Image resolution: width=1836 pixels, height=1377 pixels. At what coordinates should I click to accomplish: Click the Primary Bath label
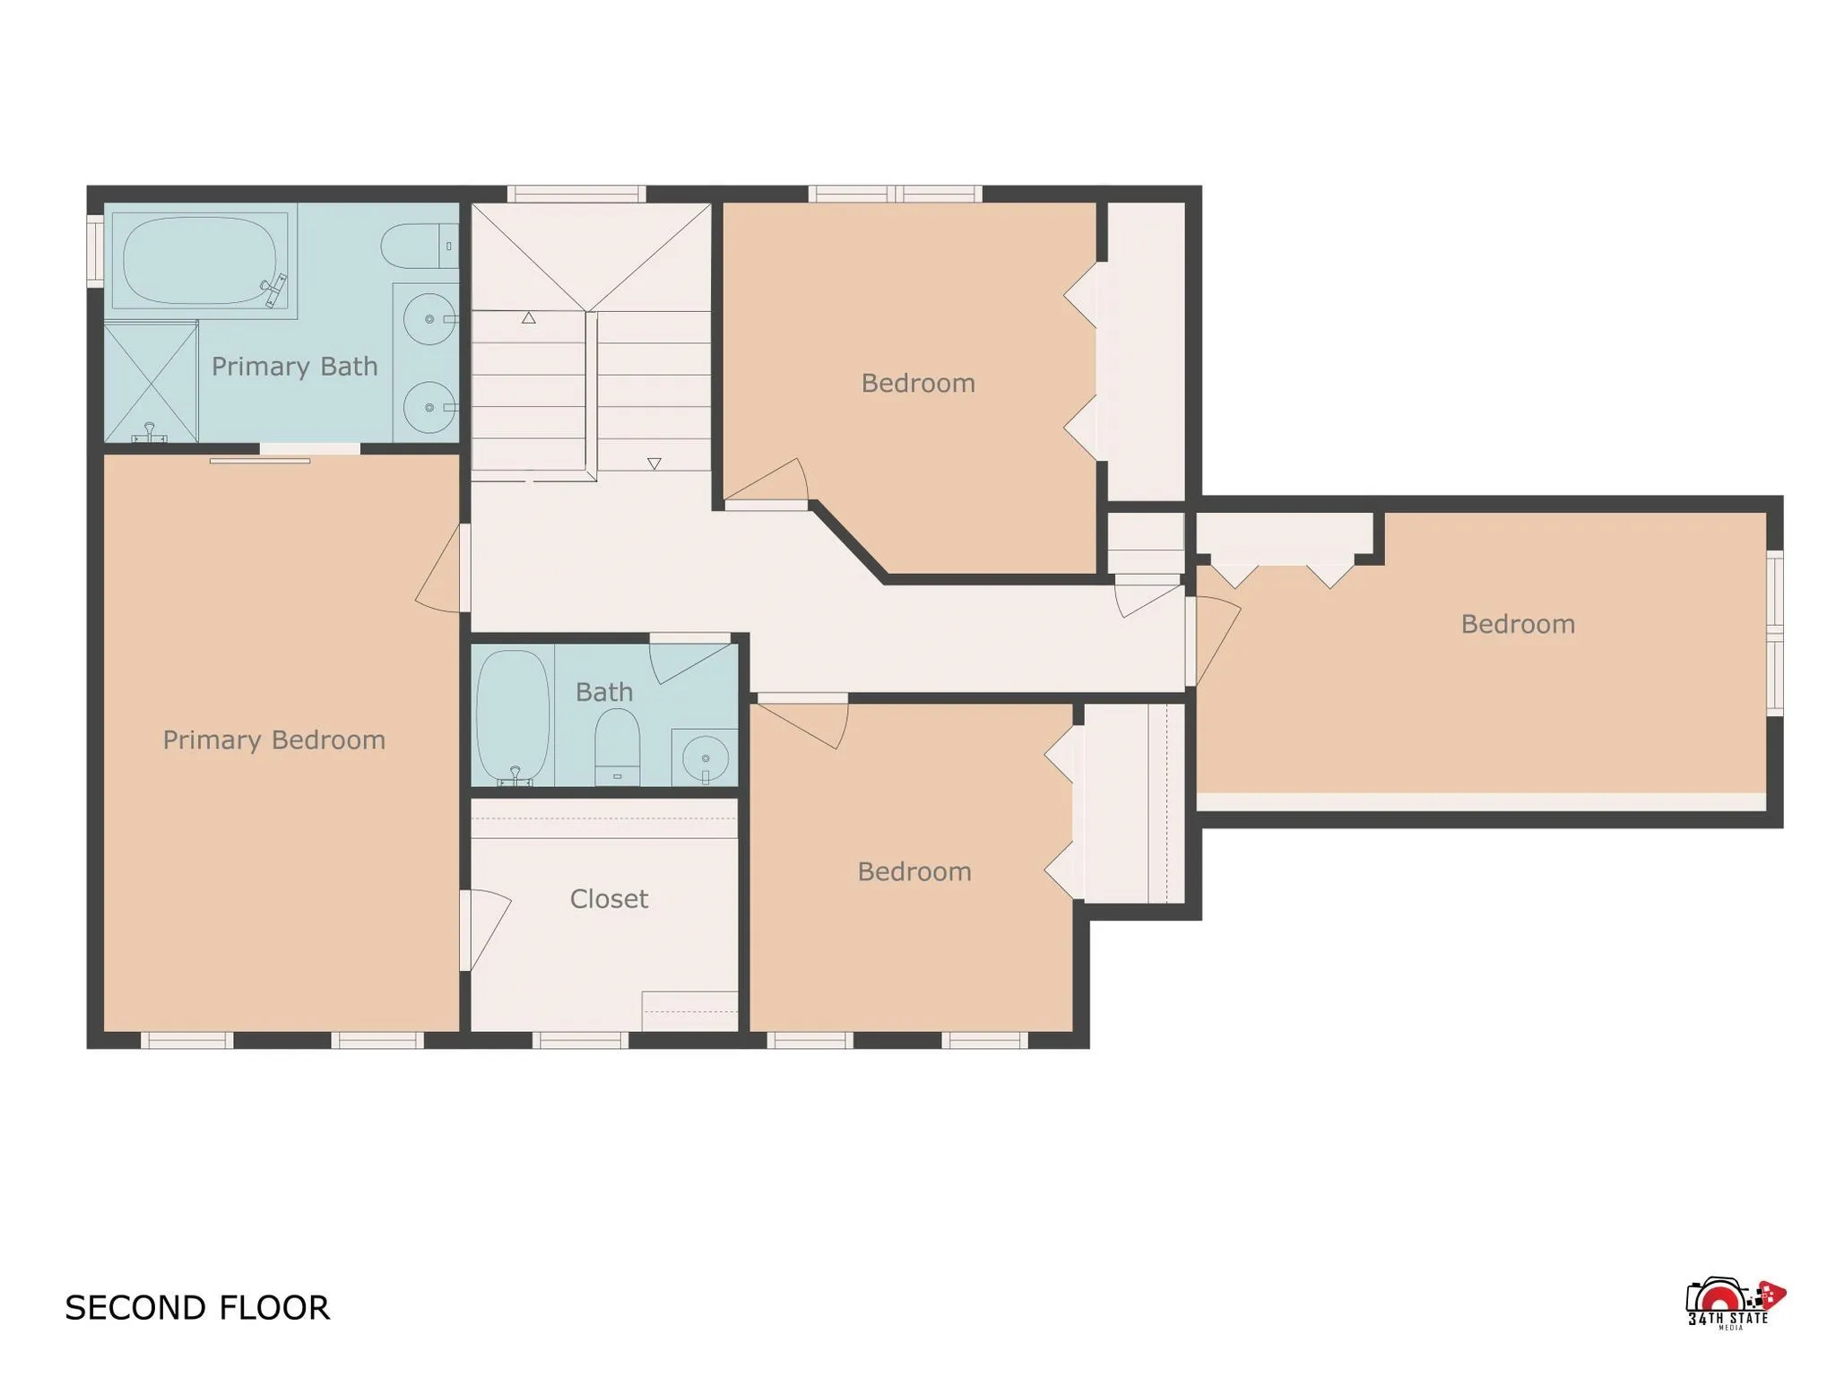294,367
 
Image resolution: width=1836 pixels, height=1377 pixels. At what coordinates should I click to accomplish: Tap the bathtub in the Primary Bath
200,260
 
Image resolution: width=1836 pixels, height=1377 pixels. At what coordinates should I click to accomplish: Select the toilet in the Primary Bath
418,246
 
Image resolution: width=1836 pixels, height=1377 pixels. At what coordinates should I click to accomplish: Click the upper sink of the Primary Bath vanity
429,319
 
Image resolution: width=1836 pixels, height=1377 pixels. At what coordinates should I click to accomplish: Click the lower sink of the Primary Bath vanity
429,407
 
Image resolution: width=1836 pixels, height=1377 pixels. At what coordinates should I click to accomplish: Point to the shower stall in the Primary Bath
151,383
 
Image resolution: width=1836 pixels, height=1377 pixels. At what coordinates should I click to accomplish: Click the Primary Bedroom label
273,740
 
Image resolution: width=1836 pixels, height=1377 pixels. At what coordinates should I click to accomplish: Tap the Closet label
609,899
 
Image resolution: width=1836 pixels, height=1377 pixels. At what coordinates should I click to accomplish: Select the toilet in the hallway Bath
617,746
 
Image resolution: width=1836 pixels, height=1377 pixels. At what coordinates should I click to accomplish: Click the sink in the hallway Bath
705,758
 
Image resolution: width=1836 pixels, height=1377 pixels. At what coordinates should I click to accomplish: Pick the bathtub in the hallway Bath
512,716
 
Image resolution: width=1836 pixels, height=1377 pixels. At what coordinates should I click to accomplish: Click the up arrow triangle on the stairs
529,317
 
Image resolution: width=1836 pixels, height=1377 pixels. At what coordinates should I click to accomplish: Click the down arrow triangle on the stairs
654,463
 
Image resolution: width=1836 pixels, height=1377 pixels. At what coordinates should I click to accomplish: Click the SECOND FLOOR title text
197,1308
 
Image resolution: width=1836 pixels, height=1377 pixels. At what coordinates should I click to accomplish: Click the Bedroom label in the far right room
1518,625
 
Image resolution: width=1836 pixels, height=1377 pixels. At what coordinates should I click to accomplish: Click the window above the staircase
576,194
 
